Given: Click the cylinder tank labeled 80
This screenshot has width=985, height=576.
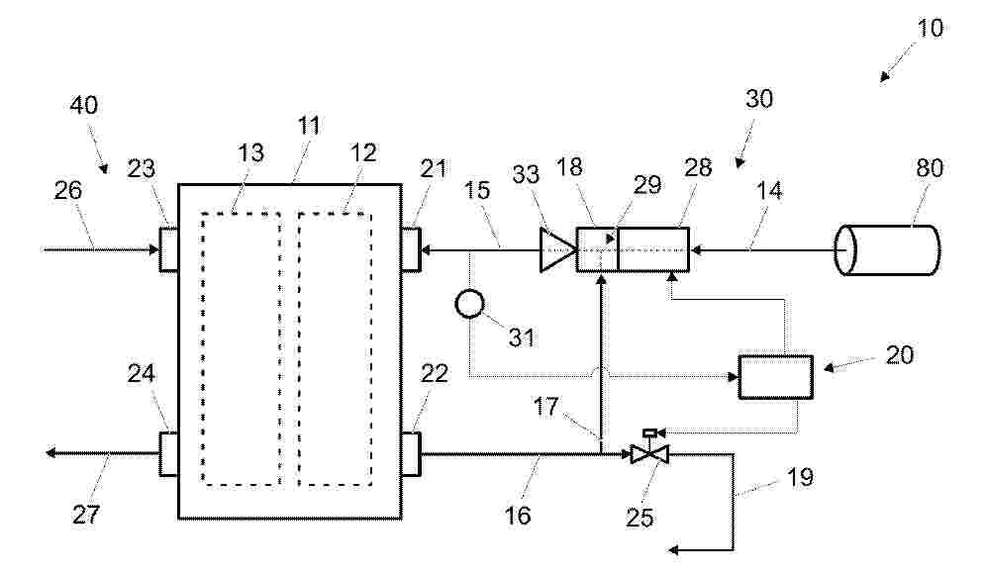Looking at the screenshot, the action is coord(887,250).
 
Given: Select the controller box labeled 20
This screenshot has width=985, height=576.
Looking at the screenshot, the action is coord(776,377).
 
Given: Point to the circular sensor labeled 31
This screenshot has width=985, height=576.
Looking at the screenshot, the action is coord(470,305).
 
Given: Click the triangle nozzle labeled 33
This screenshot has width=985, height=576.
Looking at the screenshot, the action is coord(557,250).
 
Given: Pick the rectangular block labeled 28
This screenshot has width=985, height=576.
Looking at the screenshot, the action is coord(653,249).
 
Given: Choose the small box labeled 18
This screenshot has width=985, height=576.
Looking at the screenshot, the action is coord(597,249).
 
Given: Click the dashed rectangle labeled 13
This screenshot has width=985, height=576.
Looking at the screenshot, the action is coord(242,348).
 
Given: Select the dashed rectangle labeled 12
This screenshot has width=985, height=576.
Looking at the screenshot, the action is coord(335,348).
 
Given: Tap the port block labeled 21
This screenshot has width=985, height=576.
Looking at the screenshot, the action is coord(411,249).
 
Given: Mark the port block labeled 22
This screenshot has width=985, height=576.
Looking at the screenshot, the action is coord(411,453).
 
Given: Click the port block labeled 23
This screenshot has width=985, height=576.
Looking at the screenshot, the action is coord(168,249).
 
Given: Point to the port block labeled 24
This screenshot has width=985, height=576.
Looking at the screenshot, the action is coord(168,453).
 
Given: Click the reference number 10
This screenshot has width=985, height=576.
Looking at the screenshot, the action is coord(930,29).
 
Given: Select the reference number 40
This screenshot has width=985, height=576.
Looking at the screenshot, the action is coord(83,105).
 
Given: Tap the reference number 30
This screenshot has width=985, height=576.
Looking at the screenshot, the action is coord(759,99).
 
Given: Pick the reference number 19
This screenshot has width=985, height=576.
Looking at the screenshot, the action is coord(800,477).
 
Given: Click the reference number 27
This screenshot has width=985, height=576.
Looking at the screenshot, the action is coord(86,515).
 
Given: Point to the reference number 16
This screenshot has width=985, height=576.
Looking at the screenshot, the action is coord(518,516).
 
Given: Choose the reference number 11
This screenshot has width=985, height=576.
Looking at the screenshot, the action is coord(309,126).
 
